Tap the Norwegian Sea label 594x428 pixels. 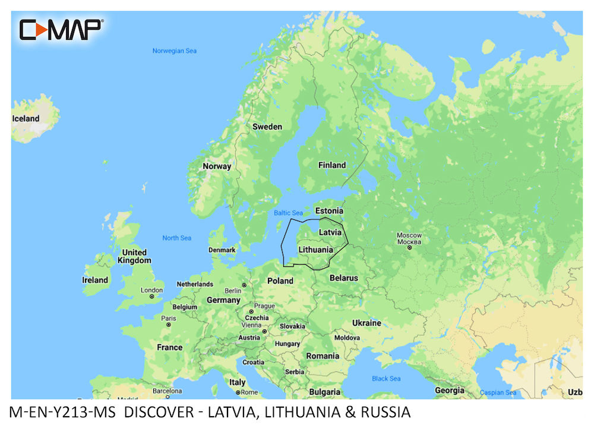pos(174,51)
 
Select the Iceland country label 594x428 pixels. pos(26,118)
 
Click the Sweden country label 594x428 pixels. pos(267,127)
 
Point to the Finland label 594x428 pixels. pos(331,165)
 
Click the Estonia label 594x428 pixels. pos(328,211)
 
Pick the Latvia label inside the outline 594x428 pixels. pos(330,232)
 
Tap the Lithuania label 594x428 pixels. pos(315,250)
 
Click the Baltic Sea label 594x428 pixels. pos(288,213)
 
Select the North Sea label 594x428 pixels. pos(177,238)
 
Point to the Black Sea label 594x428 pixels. pos(386,379)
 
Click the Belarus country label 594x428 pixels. pos(343,278)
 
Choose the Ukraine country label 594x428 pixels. pos(366,323)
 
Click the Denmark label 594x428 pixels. pos(222,250)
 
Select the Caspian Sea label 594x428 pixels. pos(498,393)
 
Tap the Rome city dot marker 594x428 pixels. pos(238,393)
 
